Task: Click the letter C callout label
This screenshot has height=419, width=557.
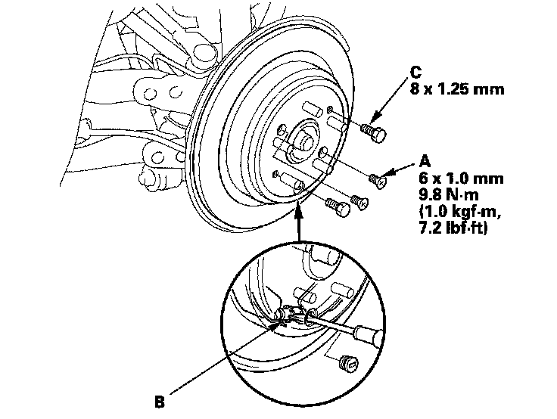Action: click(415, 72)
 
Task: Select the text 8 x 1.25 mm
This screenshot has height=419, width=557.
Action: click(457, 88)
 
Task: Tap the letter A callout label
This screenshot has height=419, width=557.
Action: click(425, 161)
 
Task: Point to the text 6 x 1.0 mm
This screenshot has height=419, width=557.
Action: click(461, 178)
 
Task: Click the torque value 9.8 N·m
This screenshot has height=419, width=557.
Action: click(449, 194)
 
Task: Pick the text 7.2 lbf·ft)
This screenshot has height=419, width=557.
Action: click(453, 228)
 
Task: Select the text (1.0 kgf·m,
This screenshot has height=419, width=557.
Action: click(460, 211)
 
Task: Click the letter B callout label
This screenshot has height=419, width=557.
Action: click(160, 402)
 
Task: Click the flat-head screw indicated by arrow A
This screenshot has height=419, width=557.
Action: click(377, 180)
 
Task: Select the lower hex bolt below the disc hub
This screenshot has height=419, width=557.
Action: click(338, 207)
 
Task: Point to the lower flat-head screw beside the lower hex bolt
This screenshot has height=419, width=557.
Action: click(359, 202)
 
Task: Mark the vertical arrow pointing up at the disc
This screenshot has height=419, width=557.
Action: click(299, 224)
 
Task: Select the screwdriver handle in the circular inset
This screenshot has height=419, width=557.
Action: click(368, 335)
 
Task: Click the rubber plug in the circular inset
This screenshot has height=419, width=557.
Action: click(348, 363)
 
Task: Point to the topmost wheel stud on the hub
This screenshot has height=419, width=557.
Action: click(313, 109)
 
